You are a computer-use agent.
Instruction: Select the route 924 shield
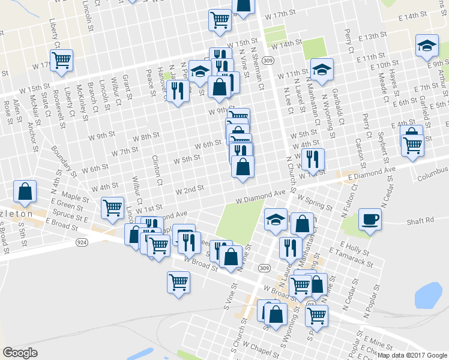tap(80, 242)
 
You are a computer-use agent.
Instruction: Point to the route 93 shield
tap(310, 305)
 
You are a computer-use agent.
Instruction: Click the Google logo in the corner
tap(20, 353)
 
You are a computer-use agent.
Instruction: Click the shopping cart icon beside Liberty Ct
tap(61, 60)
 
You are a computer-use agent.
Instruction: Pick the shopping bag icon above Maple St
tap(25, 191)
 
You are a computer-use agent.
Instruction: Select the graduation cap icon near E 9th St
tap(427, 46)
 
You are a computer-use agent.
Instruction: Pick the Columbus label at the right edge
tap(431, 178)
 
